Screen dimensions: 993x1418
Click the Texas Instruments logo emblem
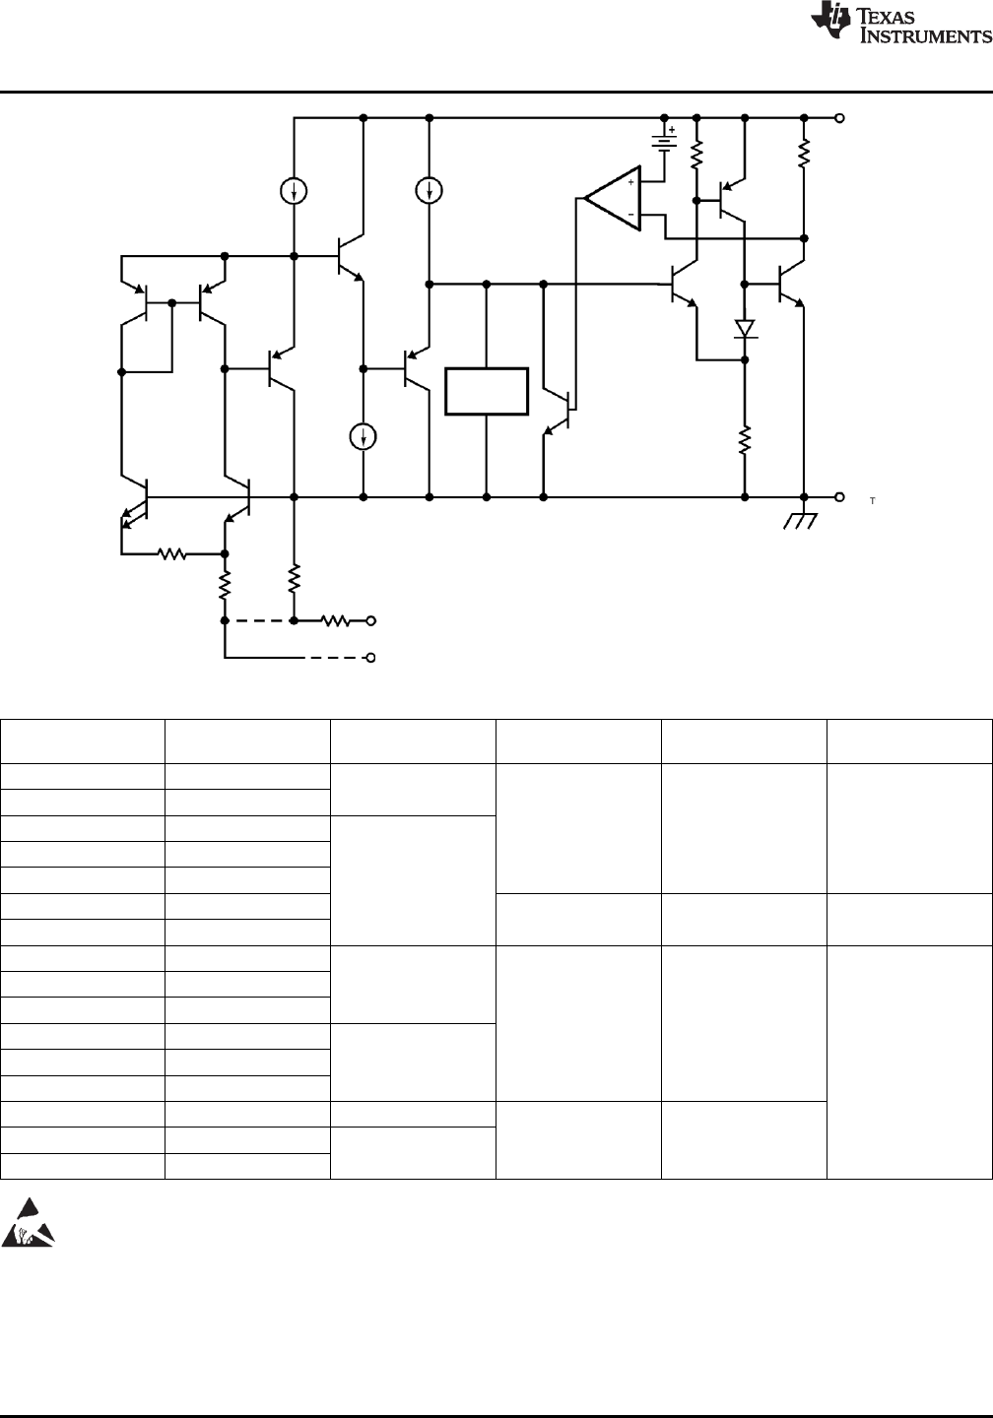tap(830, 23)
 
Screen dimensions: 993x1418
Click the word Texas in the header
tap(887, 16)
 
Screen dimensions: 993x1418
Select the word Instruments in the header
tap(925, 35)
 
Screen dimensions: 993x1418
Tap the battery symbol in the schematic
tap(664, 142)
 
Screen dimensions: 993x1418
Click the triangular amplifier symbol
tap(613, 198)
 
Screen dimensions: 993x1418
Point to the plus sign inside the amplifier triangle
tap(630, 182)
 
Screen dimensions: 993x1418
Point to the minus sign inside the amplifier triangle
tap(630, 215)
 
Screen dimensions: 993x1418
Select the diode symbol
tap(745, 329)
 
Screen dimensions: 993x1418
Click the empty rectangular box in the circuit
tap(487, 391)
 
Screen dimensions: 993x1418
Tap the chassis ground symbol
tap(801, 520)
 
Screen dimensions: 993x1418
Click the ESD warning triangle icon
tap(28, 1222)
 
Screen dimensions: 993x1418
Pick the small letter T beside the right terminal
tap(873, 500)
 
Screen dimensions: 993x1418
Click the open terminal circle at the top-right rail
tap(839, 118)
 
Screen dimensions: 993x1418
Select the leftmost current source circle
tap(294, 191)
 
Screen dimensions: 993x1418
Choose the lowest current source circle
tap(363, 437)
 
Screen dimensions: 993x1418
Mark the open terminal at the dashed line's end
tap(371, 658)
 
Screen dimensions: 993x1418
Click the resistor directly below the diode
tap(745, 440)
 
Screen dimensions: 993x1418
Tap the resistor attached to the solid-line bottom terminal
tap(336, 621)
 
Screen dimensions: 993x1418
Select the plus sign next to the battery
tap(672, 130)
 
